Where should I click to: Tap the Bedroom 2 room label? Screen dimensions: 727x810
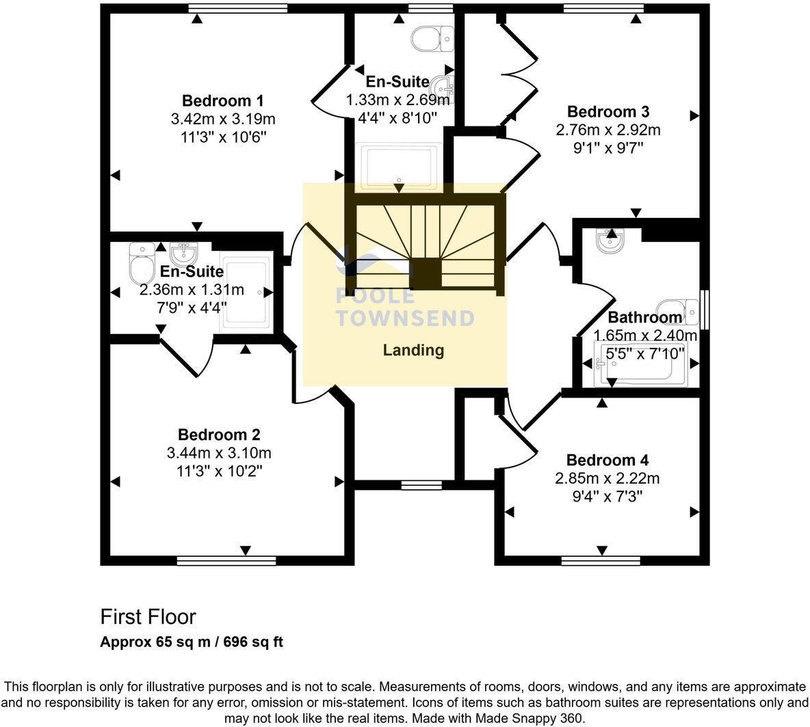[x=219, y=435]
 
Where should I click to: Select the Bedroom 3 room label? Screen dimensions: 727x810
[x=608, y=111]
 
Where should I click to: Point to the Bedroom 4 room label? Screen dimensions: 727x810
[x=607, y=460]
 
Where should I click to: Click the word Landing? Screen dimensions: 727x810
[x=413, y=351]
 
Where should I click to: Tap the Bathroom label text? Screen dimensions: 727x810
[x=644, y=317]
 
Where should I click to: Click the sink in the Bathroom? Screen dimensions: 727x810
[x=608, y=241]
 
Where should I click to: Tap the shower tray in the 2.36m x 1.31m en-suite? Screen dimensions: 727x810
[x=246, y=292]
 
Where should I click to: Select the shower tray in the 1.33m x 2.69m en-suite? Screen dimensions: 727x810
[x=399, y=167]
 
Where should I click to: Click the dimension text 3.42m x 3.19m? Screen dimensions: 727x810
[x=222, y=119]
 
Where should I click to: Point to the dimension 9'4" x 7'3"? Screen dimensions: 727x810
[x=607, y=496]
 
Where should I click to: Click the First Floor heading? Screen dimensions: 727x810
[x=148, y=617]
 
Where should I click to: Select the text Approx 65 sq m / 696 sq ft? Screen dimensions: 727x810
[x=191, y=642]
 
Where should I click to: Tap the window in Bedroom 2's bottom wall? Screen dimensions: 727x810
[x=226, y=561]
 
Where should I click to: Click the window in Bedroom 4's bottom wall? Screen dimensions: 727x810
[x=601, y=561]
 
